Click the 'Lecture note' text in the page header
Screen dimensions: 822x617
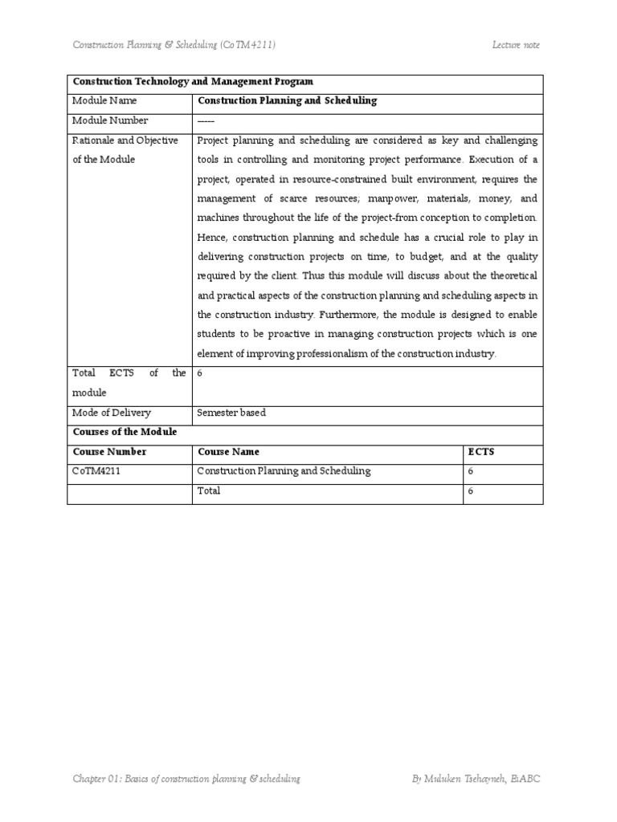click(516, 45)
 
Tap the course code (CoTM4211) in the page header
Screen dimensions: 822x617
click(248, 45)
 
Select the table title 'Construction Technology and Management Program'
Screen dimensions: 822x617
click(193, 82)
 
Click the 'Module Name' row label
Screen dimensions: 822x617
click(104, 101)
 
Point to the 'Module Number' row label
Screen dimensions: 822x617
click(110, 120)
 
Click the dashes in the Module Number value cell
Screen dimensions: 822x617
click(206, 120)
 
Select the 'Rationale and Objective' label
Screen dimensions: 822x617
click(125, 140)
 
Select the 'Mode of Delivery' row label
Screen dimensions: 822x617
click(112, 413)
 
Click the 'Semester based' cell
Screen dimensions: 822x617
click(231, 413)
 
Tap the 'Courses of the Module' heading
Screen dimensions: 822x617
click(125, 432)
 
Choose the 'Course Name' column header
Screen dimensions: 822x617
click(229, 452)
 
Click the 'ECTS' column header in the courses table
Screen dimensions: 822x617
click(481, 452)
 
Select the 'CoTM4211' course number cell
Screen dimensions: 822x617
click(96, 471)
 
